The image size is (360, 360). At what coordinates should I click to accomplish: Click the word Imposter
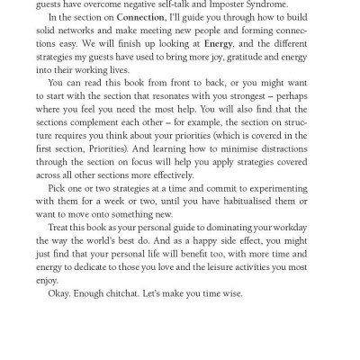[x=211, y=4]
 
